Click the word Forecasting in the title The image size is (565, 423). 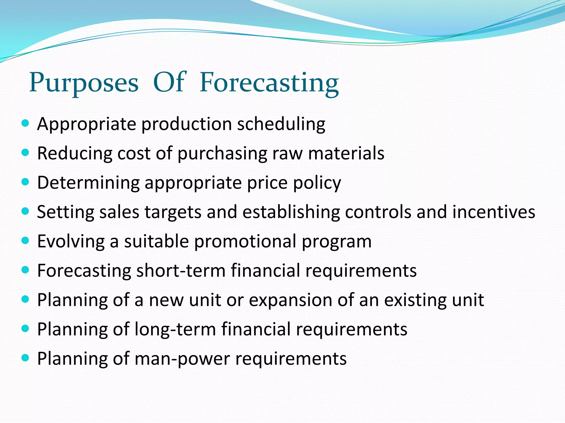[269, 83]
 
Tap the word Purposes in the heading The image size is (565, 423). [84, 83]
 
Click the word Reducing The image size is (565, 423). [74, 154]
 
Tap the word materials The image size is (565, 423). [346, 153]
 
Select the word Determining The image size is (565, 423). [88, 183]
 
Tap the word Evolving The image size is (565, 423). [71, 242]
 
